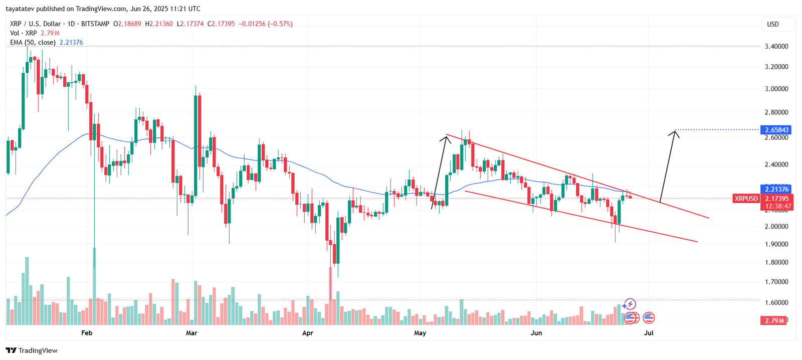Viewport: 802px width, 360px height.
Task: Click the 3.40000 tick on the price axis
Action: click(x=776, y=46)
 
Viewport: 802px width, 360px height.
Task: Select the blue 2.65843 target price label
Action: click(x=776, y=130)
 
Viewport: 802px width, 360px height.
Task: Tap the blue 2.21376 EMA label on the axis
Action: click(x=776, y=189)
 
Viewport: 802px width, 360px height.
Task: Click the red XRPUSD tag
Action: click(x=746, y=199)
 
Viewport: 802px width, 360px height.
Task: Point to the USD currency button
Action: click(x=773, y=24)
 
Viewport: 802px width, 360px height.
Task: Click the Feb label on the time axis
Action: click(x=87, y=333)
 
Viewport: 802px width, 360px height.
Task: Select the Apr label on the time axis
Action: click(x=308, y=333)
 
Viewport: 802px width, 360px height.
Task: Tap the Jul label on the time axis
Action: click(x=649, y=333)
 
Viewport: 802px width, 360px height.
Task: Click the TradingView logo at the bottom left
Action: click(x=32, y=350)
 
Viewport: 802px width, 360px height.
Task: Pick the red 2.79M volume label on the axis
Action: click(x=774, y=320)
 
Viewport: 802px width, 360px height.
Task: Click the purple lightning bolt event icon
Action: click(x=631, y=304)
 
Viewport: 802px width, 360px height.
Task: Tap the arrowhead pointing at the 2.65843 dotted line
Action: click(x=675, y=132)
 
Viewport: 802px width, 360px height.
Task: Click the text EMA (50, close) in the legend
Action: click(x=33, y=42)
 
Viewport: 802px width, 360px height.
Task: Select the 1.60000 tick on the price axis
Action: click(x=776, y=302)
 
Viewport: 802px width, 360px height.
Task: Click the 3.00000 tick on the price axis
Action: click(x=776, y=89)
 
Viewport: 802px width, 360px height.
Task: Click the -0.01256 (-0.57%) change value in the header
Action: click(x=266, y=24)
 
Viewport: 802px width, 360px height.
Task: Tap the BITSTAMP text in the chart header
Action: click(x=95, y=24)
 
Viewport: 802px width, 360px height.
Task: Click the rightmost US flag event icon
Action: click(x=649, y=317)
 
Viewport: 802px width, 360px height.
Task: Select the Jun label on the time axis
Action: click(x=536, y=333)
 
